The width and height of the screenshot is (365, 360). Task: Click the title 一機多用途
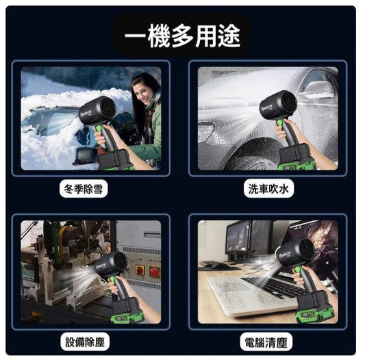pyautogui.click(x=182, y=36)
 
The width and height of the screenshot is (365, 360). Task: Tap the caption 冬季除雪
pyautogui.click(x=84, y=188)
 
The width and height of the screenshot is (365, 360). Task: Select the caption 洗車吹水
pyautogui.click(x=268, y=188)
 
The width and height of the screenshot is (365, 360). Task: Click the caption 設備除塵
pyautogui.click(x=85, y=342)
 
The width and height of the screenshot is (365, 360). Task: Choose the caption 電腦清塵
pyautogui.click(x=266, y=342)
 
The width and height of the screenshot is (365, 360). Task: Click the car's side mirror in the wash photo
pyautogui.click(x=318, y=89)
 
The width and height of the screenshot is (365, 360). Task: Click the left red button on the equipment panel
pyautogui.click(x=140, y=270)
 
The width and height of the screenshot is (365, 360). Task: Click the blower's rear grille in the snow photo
pyautogui.click(x=109, y=108)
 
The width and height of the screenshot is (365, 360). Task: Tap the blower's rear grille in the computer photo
pyautogui.click(x=307, y=250)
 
